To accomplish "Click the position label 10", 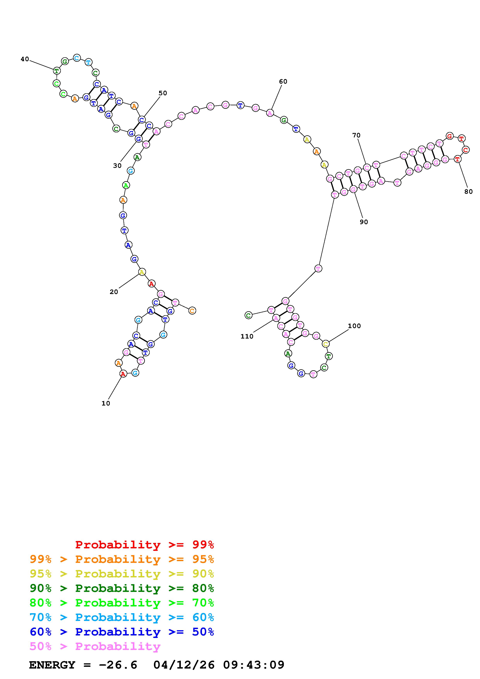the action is coord(106,403).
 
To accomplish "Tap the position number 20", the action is coord(114,292).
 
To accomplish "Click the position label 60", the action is coord(283,82).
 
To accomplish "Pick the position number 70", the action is coord(356,135).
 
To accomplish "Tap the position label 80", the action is coord(468,192).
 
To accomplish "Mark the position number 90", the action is coord(364,222).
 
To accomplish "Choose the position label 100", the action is coord(354,326).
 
